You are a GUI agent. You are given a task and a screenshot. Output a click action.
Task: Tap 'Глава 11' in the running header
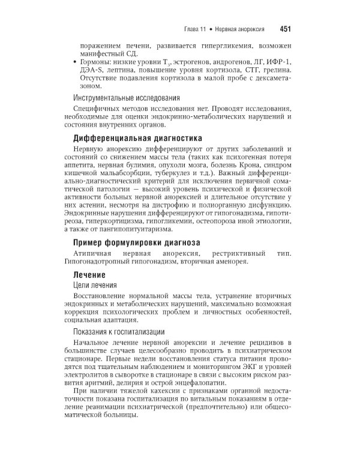(196, 29)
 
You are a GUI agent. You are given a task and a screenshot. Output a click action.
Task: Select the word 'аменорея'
(233, 265)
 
